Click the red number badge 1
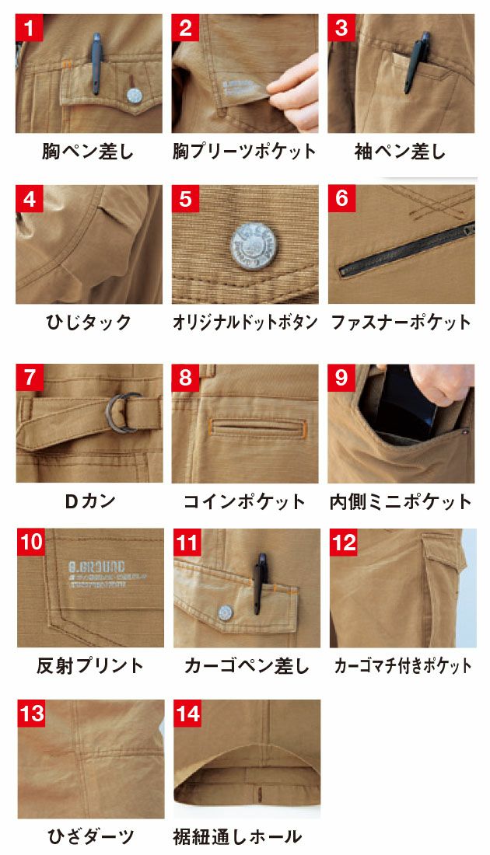click(x=29, y=29)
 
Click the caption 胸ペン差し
click(x=88, y=151)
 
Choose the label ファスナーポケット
click(x=401, y=323)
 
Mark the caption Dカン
click(x=89, y=501)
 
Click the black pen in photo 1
click(x=97, y=61)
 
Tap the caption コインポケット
click(x=244, y=501)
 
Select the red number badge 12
click(x=343, y=542)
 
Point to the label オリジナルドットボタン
click(x=245, y=323)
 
